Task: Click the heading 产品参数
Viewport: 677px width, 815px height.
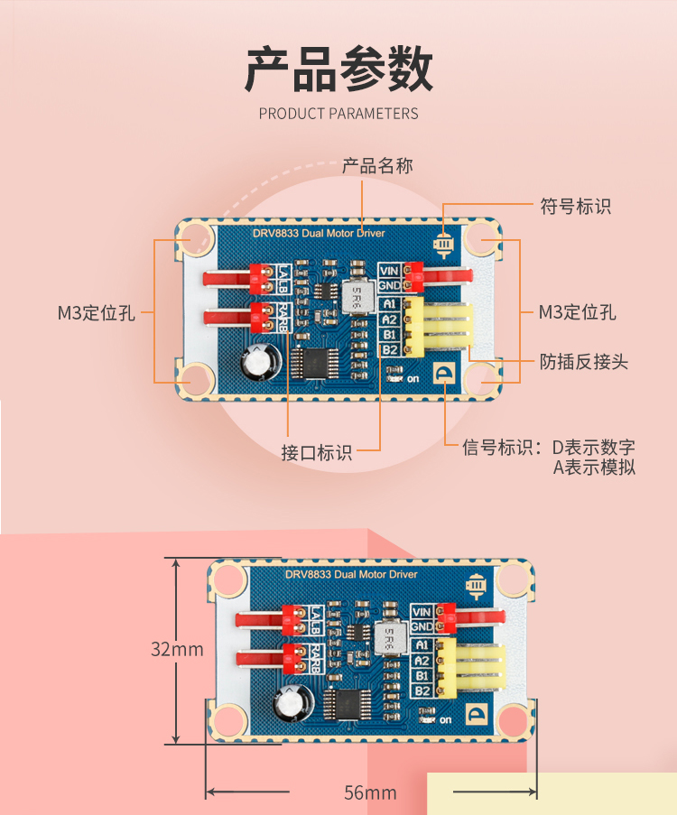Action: coord(338,69)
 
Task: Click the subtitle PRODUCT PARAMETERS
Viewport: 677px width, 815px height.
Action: coord(338,114)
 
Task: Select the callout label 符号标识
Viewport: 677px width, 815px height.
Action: coord(575,206)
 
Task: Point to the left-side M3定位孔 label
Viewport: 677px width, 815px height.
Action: coord(97,313)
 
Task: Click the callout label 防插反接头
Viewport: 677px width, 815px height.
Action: coord(584,362)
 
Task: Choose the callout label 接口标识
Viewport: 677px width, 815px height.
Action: coord(317,452)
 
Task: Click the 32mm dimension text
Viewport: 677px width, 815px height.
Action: coord(176,649)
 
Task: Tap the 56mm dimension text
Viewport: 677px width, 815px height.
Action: coord(370,793)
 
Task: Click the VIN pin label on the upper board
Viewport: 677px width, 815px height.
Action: coord(390,270)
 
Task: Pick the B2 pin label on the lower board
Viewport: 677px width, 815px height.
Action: coord(422,690)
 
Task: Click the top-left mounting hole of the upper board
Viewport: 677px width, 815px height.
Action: coord(193,239)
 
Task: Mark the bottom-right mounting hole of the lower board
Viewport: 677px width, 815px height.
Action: coord(512,719)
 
